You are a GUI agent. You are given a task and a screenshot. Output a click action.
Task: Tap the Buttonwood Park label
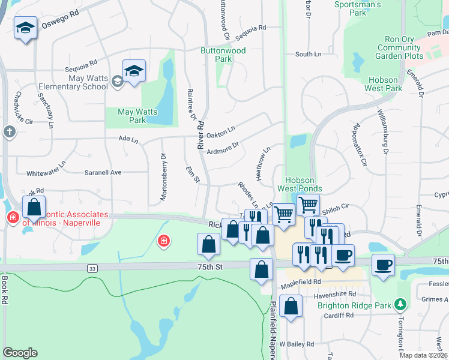pyautogui.click(x=223, y=55)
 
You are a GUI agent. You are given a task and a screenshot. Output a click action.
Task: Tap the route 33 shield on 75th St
pyautogui.click(x=92, y=268)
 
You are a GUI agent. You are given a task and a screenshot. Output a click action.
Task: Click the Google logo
pyautogui.click(x=20, y=353)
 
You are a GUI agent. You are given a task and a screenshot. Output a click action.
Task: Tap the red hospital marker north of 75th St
pyautogui.click(x=163, y=241)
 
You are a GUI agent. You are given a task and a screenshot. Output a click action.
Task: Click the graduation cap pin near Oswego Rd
pyautogui.click(x=25, y=28)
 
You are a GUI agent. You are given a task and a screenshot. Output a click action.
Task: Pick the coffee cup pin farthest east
pyautogui.click(x=383, y=265)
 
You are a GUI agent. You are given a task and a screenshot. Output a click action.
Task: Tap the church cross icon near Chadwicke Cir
pyautogui.click(x=9, y=131)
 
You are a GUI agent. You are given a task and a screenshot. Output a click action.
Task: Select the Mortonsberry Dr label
pyautogui.click(x=163, y=177)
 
